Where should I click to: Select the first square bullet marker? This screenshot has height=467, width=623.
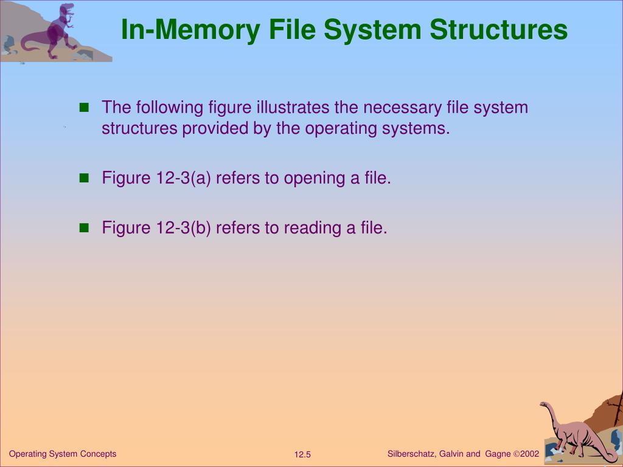[x=85, y=108]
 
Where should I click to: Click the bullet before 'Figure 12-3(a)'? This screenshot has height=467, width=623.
[x=85, y=179]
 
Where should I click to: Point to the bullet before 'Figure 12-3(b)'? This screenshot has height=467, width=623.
[x=85, y=228]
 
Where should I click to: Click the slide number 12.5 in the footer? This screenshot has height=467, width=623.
[x=302, y=455]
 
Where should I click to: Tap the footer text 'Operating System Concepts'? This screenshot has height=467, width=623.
[x=63, y=454]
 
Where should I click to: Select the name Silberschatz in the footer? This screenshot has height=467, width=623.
[x=410, y=454]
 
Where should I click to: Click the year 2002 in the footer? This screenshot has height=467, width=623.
[x=529, y=454]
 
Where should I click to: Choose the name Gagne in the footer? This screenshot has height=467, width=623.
[x=497, y=454]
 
